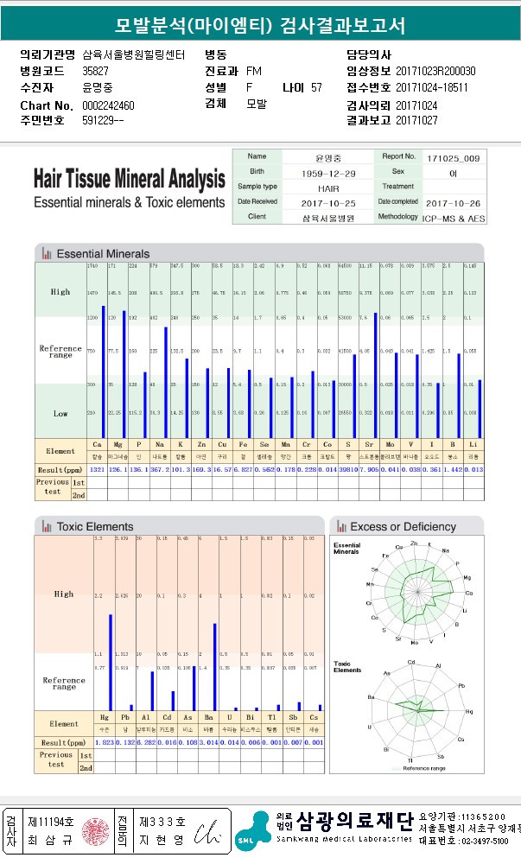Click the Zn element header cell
click(x=200, y=445)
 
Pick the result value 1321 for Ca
click(x=97, y=470)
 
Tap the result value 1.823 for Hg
click(x=104, y=742)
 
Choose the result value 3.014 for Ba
click(x=211, y=742)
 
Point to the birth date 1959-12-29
click(x=323, y=173)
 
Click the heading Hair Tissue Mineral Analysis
click(x=129, y=181)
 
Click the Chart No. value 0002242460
click(x=109, y=105)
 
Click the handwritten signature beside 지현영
click(x=205, y=832)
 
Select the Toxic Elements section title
click(x=95, y=526)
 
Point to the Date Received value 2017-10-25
click(x=323, y=202)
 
